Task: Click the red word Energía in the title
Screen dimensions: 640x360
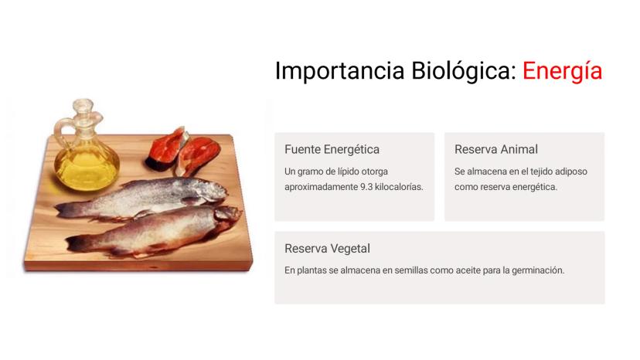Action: coord(562,71)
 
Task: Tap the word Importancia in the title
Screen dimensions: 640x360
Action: coord(339,70)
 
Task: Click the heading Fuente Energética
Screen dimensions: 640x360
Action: coord(332,149)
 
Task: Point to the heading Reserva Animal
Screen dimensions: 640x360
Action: coord(496,149)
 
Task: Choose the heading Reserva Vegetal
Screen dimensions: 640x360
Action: coord(328,249)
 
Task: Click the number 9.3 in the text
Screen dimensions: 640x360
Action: coord(366,187)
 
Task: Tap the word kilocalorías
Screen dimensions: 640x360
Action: coord(399,187)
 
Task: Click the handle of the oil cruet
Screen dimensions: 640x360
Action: coord(61,130)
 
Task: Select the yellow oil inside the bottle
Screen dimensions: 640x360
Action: coord(87,169)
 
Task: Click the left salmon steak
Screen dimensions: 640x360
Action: coord(166,149)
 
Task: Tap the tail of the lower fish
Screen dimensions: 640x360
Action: coord(77,243)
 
